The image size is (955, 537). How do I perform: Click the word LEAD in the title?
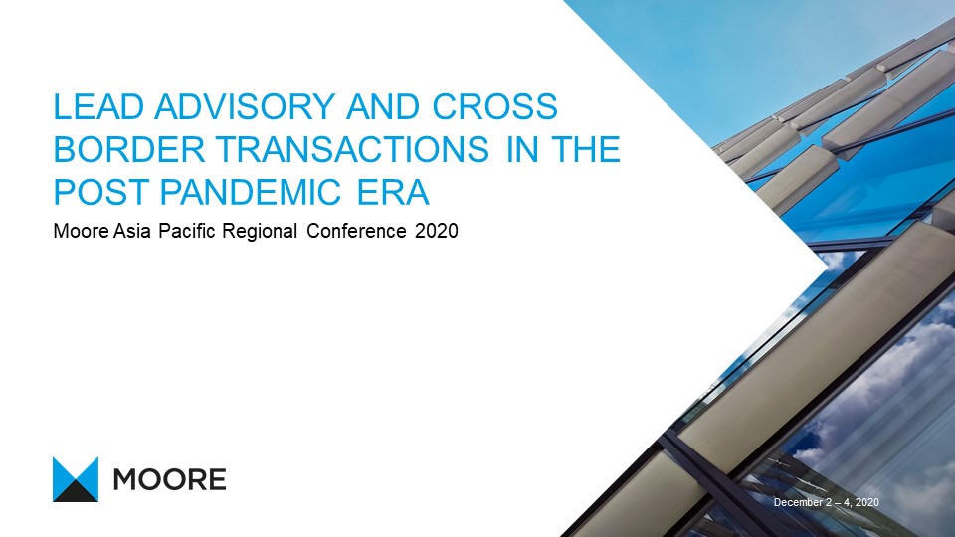pyautogui.click(x=98, y=107)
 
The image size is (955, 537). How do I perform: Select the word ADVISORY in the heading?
pyautogui.click(x=245, y=107)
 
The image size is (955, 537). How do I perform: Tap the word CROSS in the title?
pyautogui.click(x=494, y=107)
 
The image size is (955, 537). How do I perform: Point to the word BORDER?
pyautogui.click(x=129, y=150)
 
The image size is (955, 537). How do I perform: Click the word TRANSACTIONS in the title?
pyautogui.click(x=352, y=150)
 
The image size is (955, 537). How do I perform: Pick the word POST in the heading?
pyautogui.click(x=101, y=192)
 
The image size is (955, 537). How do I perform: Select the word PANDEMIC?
pyautogui.click(x=250, y=192)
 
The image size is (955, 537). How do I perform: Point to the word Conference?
pyautogui.click(x=356, y=232)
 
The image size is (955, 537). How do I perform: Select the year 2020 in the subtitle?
pyautogui.click(x=436, y=232)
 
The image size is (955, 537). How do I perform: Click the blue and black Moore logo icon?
pyautogui.click(x=76, y=479)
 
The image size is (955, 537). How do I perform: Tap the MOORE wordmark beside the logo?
pyautogui.click(x=170, y=479)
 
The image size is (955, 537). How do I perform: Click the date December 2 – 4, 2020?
pyautogui.click(x=827, y=502)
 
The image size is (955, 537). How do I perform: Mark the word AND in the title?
pyautogui.click(x=383, y=107)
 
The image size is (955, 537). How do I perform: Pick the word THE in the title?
pyautogui.click(x=585, y=150)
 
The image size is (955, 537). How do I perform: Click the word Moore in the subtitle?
pyautogui.click(x=83, y=232)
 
